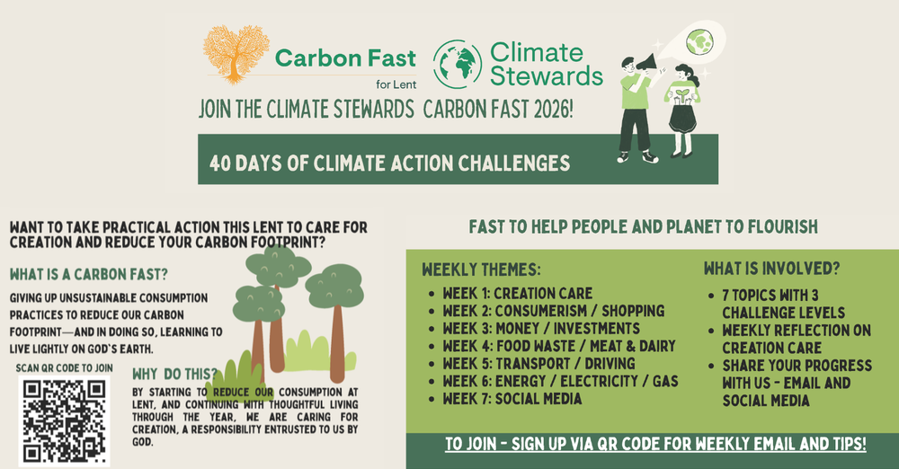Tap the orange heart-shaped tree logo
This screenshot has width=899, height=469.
236,55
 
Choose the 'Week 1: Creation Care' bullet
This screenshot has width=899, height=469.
517,294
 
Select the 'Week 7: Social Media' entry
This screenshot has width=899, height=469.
512,399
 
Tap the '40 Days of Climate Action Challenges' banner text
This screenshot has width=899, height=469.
389,164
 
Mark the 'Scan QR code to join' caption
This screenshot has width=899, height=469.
64,367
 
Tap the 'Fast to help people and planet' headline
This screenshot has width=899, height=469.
643,227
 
